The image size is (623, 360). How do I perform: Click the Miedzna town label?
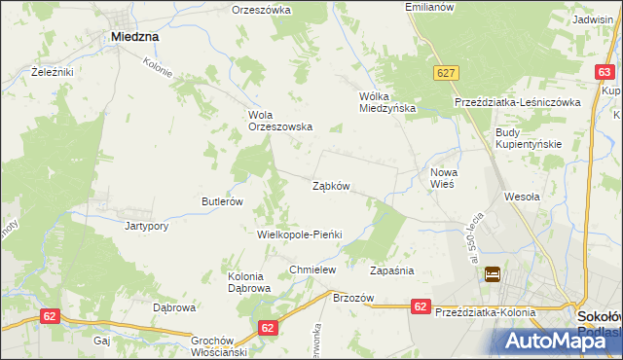pyautogui.click(x=135, y=37)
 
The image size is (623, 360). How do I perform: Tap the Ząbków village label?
pyautogui.click(x=331, y=185)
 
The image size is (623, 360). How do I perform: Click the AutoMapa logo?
pyautogui.click(x=563, y=339)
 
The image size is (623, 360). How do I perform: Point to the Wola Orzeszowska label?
pyautogui.click(x=279, y=120)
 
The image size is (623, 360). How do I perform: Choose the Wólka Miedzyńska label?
pyautogui.click(x=387, y=102)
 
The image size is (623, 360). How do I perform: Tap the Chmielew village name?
pyautogui.click(x=312, y=270)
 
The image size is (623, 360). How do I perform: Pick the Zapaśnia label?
pyautogui.click(x=392, y=270)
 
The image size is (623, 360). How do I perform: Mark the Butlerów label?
pyautogui.click(x=222, y=201)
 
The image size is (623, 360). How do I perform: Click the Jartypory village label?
pyautogui.click(x=147, y=226)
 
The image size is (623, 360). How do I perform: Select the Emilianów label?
pyautogui.click(x=429, y=7)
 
